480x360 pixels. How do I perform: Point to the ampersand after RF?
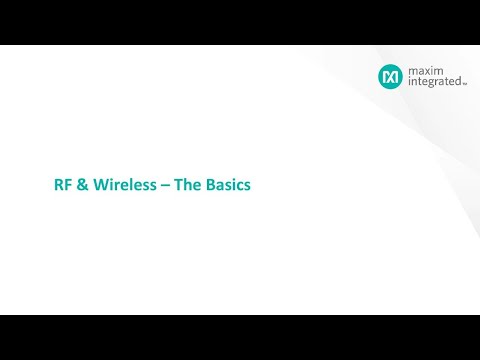(x=79, y=185)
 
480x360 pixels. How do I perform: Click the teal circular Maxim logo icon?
(x=389, y=76)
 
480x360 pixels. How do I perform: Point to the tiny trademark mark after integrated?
(x=464, y=86)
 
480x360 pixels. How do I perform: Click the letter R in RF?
(x=57, y=185)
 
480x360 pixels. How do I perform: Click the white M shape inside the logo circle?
(x=389, y=76)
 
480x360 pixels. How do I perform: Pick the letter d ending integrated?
(x=458, y=83)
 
